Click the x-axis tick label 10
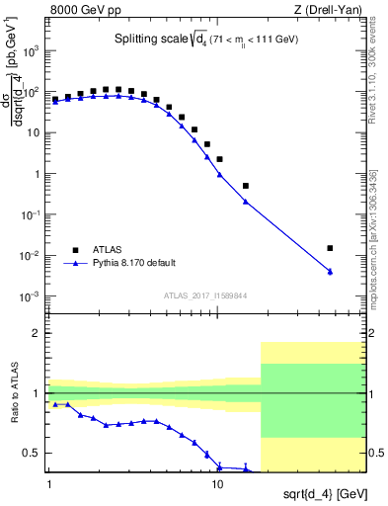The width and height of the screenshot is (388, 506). [217, 484]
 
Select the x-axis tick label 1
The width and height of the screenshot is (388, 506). [49, 484]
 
